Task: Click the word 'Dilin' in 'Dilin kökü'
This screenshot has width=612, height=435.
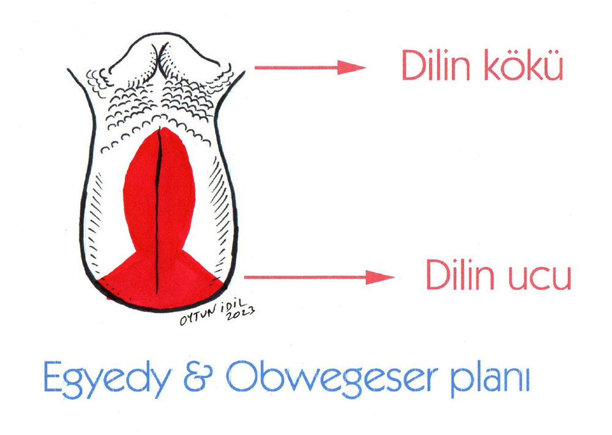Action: [x=436, y=66]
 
